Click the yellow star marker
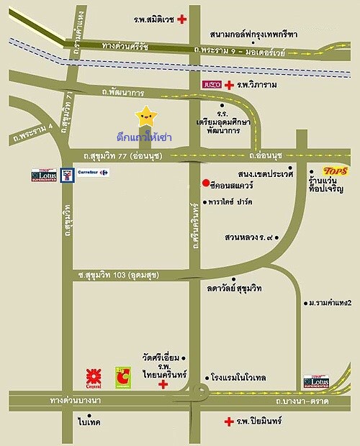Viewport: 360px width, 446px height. (146, 115)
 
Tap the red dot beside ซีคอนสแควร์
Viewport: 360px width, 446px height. (206, 182)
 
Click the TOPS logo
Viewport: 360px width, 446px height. (336, 170)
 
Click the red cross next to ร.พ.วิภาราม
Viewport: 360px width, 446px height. (228, 85)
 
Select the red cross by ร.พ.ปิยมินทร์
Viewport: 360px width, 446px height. (228, 421)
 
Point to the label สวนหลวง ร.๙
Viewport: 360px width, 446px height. (250, 236)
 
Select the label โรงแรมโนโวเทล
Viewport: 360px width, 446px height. (243, 376)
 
